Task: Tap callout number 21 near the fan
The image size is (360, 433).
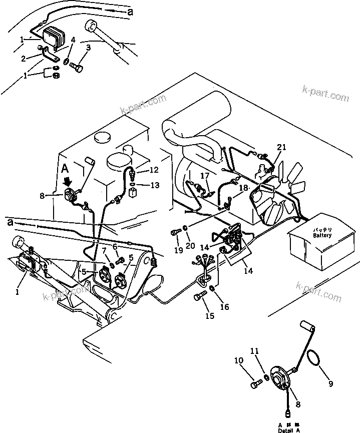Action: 282,147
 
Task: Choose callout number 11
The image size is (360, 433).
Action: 255,351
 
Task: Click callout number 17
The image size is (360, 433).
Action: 205,176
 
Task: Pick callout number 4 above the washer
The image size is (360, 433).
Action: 73,40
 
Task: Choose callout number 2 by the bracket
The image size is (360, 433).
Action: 23,58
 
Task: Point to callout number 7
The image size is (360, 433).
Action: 104,250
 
